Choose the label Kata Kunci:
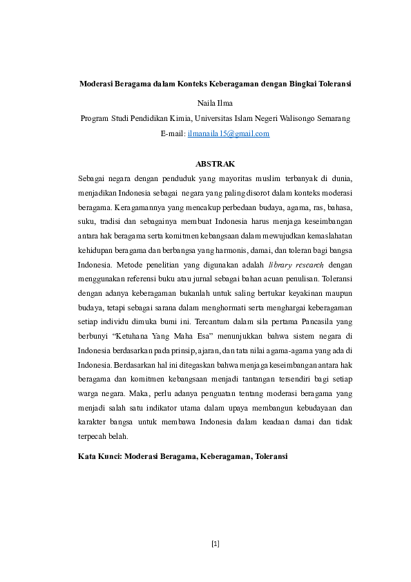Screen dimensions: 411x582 coord(100,457)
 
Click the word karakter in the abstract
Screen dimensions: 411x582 coord(93,421)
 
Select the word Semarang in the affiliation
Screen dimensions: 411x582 coord(332,118)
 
